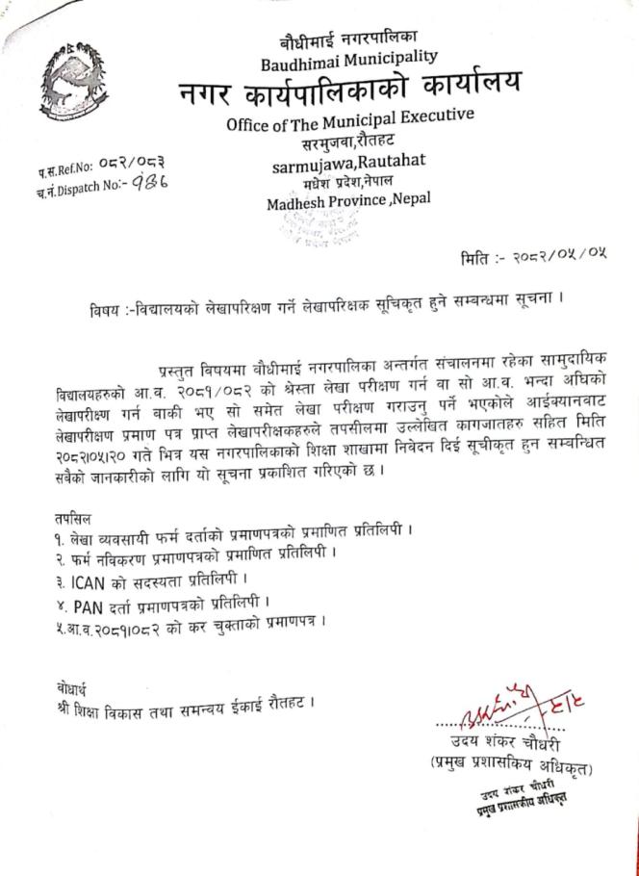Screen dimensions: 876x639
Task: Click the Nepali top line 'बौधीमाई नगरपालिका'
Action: [348, 39]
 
